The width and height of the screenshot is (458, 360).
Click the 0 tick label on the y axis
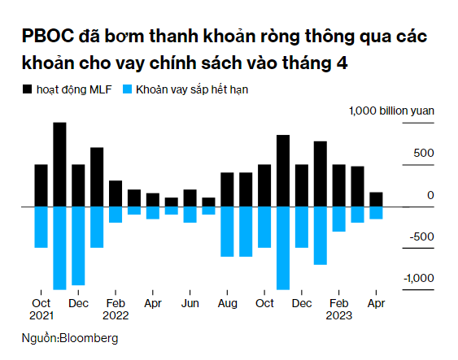(x=430, y=194)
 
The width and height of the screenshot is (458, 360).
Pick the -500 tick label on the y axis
(x=421, y=236)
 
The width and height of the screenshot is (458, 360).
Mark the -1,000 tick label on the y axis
(x=418, y=278)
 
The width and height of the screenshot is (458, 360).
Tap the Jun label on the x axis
(x=190, y=303)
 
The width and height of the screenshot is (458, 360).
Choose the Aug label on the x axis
(x=227, y=303)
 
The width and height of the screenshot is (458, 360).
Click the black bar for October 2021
(x=41, y=185)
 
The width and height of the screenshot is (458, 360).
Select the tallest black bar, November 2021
(x=59, y=165)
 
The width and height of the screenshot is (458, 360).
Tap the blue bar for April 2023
(x=376, y=213)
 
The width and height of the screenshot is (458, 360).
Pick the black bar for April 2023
(x=376, y=200)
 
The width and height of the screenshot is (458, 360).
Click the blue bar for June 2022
(x=190, y=215)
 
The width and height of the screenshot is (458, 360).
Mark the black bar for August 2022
(x=227, y=189)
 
